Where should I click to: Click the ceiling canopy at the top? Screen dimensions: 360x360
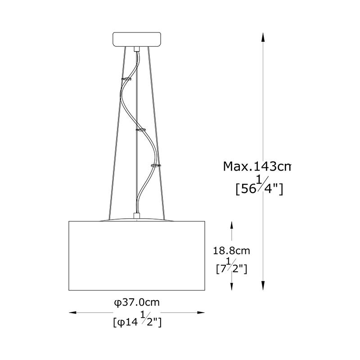click(137, 39)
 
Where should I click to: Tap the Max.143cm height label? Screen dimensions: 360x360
click(257, 166)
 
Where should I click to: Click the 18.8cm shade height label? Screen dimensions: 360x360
click(231, 251)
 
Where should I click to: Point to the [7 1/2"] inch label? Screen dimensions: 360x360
click(232, 266)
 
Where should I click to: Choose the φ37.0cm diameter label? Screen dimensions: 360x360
click(137, 302)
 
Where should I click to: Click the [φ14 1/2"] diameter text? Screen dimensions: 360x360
click(137, 320)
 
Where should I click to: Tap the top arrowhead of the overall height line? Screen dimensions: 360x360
click(263, 37)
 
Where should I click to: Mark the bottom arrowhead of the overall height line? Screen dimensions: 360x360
click(263, 286)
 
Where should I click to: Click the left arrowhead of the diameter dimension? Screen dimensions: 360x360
click(73, 312)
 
